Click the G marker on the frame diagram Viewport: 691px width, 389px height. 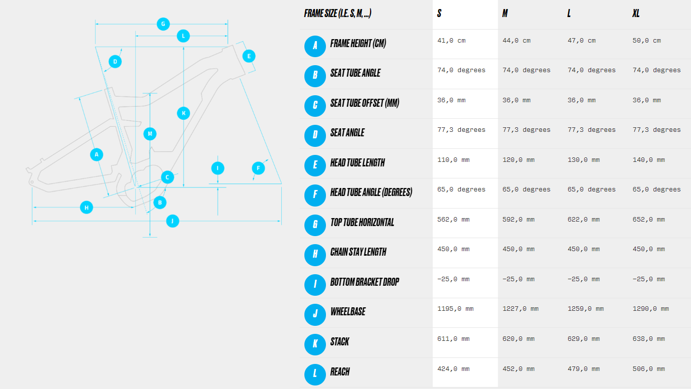click(163, 24)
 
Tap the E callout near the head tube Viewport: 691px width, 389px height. click(249, 56)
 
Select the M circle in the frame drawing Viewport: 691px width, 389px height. click(150, 134)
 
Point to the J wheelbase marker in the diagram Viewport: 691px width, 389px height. click(172, 221)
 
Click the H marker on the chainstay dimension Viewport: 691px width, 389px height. click(86, 208)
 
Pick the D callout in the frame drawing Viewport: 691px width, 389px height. click(115, 62)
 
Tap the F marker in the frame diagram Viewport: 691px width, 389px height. click(258, 168)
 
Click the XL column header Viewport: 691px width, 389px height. click(636, 13)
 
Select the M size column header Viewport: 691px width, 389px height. click(505, 13)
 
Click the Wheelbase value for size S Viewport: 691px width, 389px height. click(455, 309)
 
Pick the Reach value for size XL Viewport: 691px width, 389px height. click(649, 369)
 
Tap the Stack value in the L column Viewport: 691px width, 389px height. click(584, 339)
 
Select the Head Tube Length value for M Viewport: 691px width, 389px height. click(519, 160)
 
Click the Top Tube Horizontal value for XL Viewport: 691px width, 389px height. click(649, 220)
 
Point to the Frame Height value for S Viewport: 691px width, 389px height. click(451, 41)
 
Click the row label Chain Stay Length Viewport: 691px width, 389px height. click(358, 252)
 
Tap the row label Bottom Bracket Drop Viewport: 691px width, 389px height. click(365, 282)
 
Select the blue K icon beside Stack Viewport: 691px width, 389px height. click(315, 344)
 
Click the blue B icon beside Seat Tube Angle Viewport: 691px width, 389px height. click(315, 76)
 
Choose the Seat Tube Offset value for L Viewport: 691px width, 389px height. click(582, 100)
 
